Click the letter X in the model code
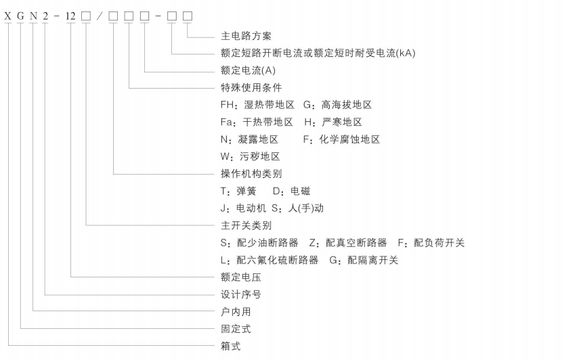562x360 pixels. (7, 16)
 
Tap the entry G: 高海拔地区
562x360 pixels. (337, 105)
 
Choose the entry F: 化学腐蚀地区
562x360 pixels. (341, 139)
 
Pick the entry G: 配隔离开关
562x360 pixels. (364, 260)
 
